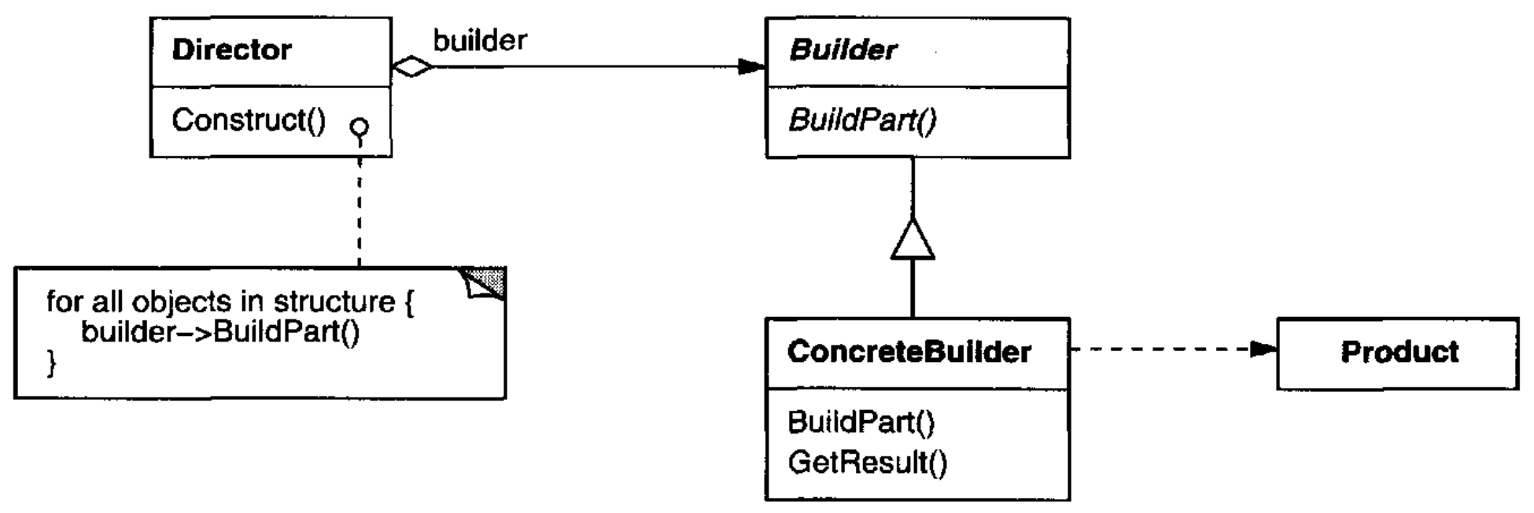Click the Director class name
[x=231, y=50]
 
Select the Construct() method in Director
[x=249, y=120]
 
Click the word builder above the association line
[x=480, y=40]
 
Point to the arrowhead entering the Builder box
[x=752, y=67]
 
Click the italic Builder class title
[x=843, y=50]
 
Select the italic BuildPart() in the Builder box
[x=862, y=120]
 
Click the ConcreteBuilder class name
[x=909, y=352]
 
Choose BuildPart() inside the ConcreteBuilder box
[x=861, y=423]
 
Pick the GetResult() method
[x=868, y=462]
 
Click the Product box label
[x=1399, y=352]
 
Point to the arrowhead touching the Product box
[x=1263, y=349]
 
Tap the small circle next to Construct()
[x=360, y=127]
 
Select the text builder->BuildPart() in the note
[x=220, y=332]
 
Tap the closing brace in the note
[x=52, y=363]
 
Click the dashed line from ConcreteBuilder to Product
[x=1173, y=349]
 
